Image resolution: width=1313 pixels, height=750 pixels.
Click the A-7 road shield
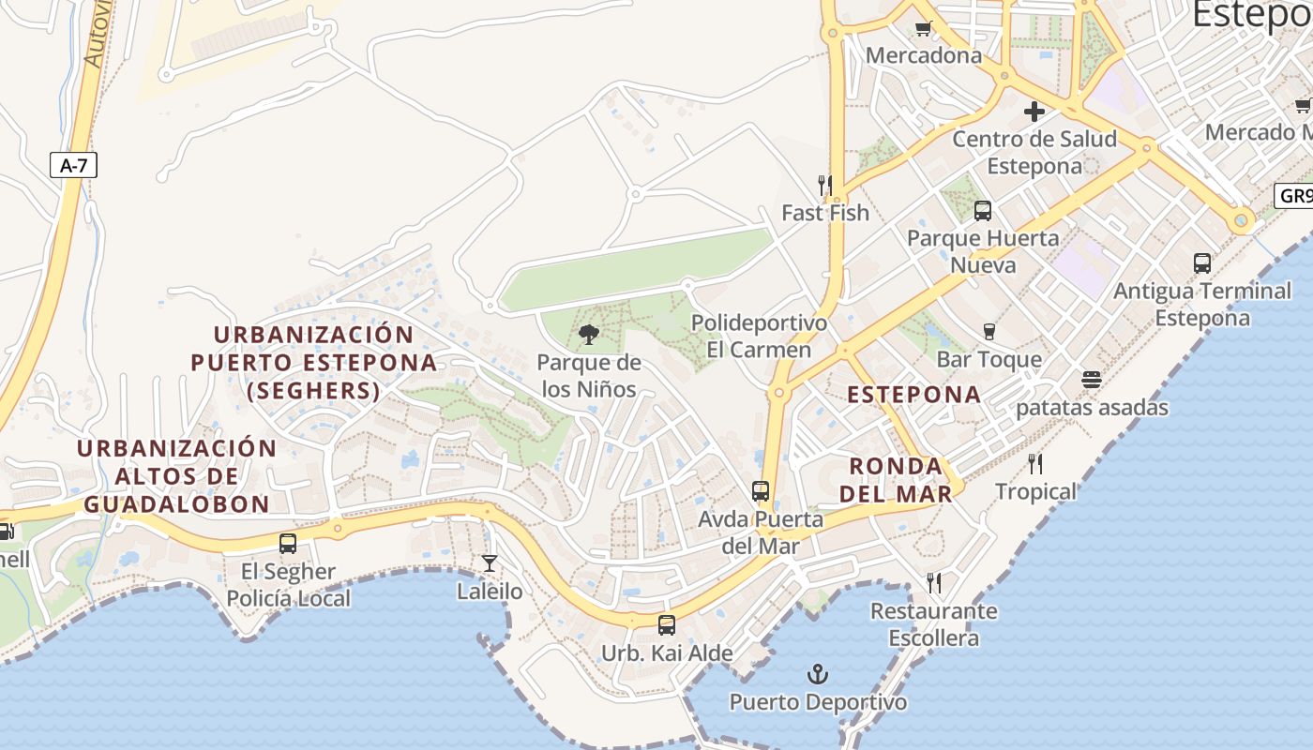73,166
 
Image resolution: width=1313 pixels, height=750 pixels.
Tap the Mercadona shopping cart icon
923,28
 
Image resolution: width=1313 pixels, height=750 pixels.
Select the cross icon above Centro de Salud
1034,112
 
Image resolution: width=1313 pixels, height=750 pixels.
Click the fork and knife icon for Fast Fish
825,185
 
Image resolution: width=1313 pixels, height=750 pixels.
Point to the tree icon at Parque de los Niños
589,335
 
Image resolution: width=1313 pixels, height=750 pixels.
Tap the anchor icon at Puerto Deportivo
818,674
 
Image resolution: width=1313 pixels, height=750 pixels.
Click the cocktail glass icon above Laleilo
489,563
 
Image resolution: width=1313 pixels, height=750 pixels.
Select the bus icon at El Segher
288,544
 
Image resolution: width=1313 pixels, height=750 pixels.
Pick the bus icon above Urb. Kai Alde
666,624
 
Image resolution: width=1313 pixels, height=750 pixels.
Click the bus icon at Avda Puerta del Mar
761,491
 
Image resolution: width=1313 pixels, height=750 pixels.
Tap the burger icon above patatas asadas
1091,380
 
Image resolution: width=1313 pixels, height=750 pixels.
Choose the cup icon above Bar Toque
989,332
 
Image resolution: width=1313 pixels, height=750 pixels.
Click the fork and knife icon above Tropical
1035,464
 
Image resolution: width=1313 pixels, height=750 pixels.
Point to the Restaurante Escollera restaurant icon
934,583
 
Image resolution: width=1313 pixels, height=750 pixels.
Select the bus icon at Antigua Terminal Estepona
1202,263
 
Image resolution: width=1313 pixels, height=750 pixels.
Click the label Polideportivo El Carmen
760,337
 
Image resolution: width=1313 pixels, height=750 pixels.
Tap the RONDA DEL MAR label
896,480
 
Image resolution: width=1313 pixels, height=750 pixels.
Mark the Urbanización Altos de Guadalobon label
176,476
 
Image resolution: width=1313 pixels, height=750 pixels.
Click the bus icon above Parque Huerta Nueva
982,211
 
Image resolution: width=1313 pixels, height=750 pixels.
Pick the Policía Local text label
289,598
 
